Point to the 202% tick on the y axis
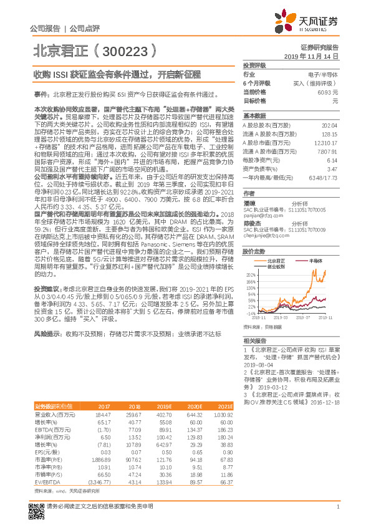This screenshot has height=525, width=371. click(x=249, y=274)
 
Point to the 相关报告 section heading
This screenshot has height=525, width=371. click(x=255, y=340)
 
